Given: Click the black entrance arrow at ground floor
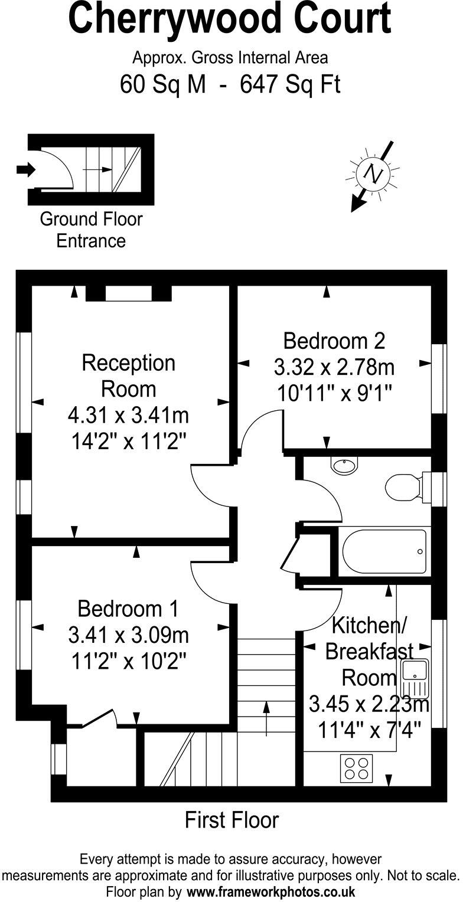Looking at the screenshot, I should tap(26, 170).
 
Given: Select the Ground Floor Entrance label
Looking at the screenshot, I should tap(91, 230).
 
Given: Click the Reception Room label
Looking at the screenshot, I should tap(128, 375).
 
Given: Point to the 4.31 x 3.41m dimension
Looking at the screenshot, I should tap(128, 416).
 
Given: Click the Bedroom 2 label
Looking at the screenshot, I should tap(334, 341).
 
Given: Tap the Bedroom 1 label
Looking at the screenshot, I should tap(128, 608).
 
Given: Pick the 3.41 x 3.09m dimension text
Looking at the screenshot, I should tap(128, 635).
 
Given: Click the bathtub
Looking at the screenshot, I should tap(384, 551).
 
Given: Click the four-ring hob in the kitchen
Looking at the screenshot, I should tap(356, 768).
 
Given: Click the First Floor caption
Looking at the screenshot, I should tap(231, 820).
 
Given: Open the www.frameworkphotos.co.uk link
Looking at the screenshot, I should tap(271, 891).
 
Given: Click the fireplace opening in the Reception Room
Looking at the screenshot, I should tap(128, 293).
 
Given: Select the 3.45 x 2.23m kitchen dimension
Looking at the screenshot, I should tap(368, 704).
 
